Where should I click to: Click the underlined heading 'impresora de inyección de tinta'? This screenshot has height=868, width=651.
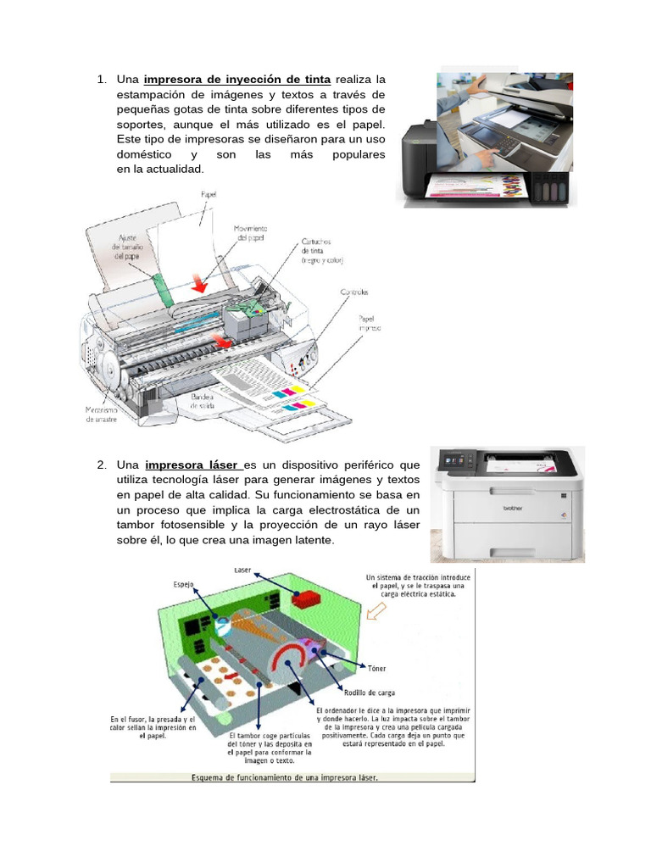point(237,80)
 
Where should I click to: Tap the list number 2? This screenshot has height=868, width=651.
point(101,465)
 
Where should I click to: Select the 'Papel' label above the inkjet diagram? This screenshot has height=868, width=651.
point(208,195)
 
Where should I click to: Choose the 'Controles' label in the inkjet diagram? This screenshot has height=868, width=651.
point(354,292)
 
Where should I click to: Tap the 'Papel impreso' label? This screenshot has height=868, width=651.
point(369,323)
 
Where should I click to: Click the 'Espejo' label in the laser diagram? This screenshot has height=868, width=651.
point(184,584)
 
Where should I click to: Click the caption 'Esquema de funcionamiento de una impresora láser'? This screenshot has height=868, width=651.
point(285,776)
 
